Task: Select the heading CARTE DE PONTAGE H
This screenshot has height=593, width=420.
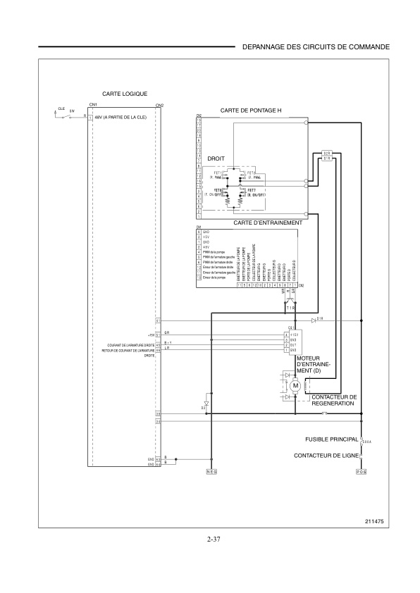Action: pyautogui.click(x=250, y=111)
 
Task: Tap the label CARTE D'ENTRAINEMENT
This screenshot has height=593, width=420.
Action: pyautogui.click(x=267, y=222)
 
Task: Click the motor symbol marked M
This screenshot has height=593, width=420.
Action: pyautogui.click(x=296, y=385)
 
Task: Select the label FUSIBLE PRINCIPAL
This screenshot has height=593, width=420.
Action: pyautogui.click(x=331, y=439)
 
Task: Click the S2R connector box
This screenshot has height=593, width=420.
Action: pyautogui.click(x=327, y=153)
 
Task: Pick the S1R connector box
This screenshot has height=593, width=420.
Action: pyautogui.click(x=327, y=158)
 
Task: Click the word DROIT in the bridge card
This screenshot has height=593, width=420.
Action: pyautogui.click(x=216, y=159)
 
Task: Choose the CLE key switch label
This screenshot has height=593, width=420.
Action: pyautogui.click(x=61, y=109)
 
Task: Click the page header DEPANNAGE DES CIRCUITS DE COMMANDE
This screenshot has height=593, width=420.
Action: pyautogui.click(x=315, y=46)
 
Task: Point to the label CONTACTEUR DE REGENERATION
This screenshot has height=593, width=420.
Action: pyautogui.click(x=333, y=400)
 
